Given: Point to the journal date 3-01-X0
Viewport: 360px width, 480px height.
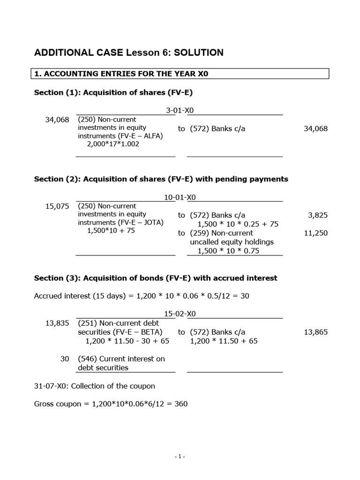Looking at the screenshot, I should click(180, 111).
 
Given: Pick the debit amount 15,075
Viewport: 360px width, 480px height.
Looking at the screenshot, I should click(57, 206).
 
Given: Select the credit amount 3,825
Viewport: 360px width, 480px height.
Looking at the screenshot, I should click(317, 215).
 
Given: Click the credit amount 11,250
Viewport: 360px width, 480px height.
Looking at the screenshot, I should click(316, 233).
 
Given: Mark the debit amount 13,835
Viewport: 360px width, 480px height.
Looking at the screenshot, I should click(57, 323).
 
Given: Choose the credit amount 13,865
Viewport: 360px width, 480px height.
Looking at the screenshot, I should click(316, 332).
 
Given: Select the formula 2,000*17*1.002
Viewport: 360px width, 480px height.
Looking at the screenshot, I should click(113, 144).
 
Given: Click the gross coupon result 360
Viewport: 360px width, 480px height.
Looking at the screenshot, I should click(181, 404).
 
